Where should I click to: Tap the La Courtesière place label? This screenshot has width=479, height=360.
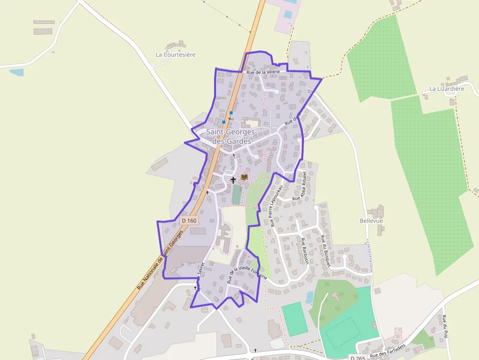pyautogui.click(x=175, y=55)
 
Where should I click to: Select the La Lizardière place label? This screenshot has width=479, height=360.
pyautogui.click(x=446, y=88)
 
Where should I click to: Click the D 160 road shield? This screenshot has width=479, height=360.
pyautogui.click(x=189, y=221)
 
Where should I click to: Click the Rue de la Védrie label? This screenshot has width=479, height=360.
pyautogui.click(x=263, y=72)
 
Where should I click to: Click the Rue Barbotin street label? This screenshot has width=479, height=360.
pyautogui.click(x=305, y=251)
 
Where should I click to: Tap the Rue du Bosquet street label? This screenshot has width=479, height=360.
pyautogui.click(x=326, y=251)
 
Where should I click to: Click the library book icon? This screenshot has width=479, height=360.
pyautogui.click(x=244, y=177)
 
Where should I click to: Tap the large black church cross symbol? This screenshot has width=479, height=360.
pyautogui.click(x=233, y=180)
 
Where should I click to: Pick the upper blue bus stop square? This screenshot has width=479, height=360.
pyautogui.click(x=231, y=113)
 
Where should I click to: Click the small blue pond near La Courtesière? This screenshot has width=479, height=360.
pyautogui.click(x=17, y=72)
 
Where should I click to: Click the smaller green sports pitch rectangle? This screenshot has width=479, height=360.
pyautogui.click(x=295, y=319)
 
